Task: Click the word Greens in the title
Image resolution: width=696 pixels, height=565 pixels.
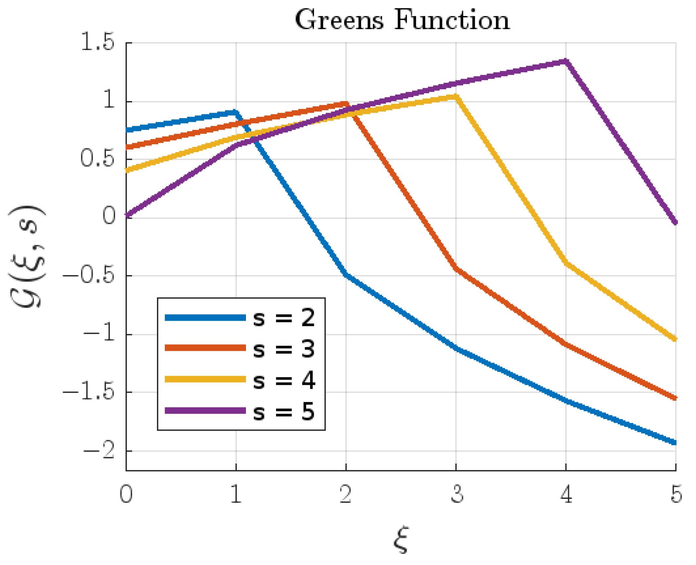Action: (x=339, y=20)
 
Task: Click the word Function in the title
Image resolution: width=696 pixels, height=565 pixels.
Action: (x=452, y=20)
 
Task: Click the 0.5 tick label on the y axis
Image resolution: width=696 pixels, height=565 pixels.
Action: (x=97, y=159)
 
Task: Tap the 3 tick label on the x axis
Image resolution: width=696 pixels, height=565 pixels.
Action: (x=457, y=494)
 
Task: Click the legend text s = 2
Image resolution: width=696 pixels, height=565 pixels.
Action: (x=284, y=317)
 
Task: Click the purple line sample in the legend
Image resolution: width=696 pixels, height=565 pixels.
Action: (x=205, y=411)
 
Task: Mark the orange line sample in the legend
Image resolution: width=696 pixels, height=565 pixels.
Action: (x=205, y=348)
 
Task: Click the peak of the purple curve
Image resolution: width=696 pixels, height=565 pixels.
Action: (x=566, y=61)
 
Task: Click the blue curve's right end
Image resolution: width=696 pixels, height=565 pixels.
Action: (x=675, y=442)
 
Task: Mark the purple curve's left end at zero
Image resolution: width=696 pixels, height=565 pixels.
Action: (x=127, y=216)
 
